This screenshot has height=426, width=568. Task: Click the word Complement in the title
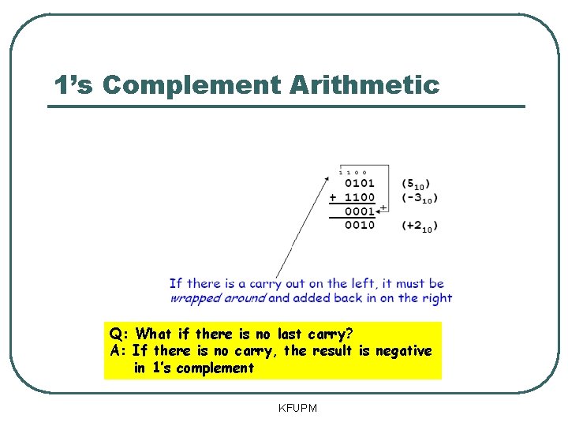coord(192,84)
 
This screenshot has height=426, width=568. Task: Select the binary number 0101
coord(360,184)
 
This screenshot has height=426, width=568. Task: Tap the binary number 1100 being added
coord(360,197)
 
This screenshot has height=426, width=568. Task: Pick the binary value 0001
coord(360,211)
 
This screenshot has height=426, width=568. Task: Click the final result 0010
coord(360,226)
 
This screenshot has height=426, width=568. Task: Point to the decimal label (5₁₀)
coord(416,185)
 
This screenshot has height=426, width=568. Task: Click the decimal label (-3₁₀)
coord(420,198)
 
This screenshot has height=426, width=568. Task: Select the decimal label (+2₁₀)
coord(420,226)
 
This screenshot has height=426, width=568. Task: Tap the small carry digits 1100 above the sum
coord(352,172)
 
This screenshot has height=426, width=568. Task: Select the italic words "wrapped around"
coord(217,298)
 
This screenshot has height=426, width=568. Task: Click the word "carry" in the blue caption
coord(263,283)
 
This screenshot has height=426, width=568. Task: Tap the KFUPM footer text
coord(297,408)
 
